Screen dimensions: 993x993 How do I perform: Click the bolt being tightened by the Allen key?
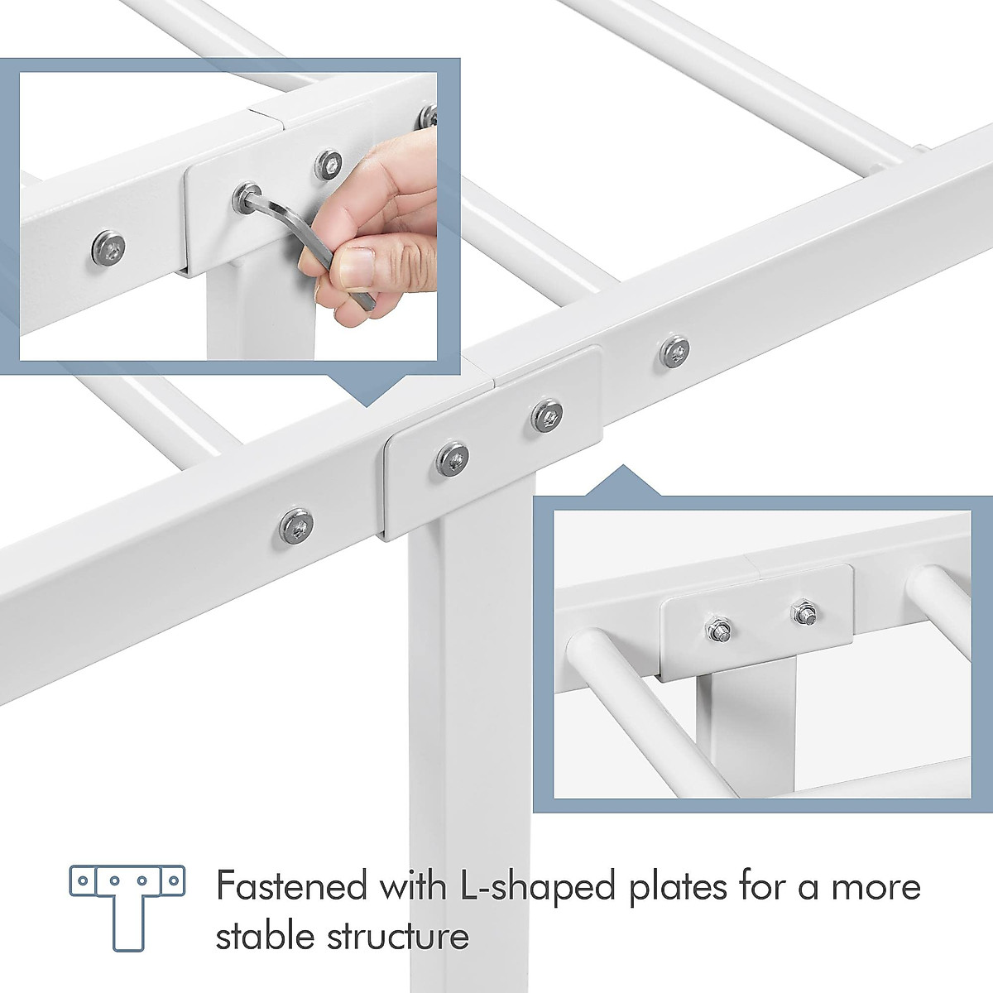[x=246, y=197]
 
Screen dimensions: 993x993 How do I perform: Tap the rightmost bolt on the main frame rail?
[x=675, y=351]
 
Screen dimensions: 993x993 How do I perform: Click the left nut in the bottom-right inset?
[x=717, y=633]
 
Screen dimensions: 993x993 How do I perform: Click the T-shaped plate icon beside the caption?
[x=127, y=906]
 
